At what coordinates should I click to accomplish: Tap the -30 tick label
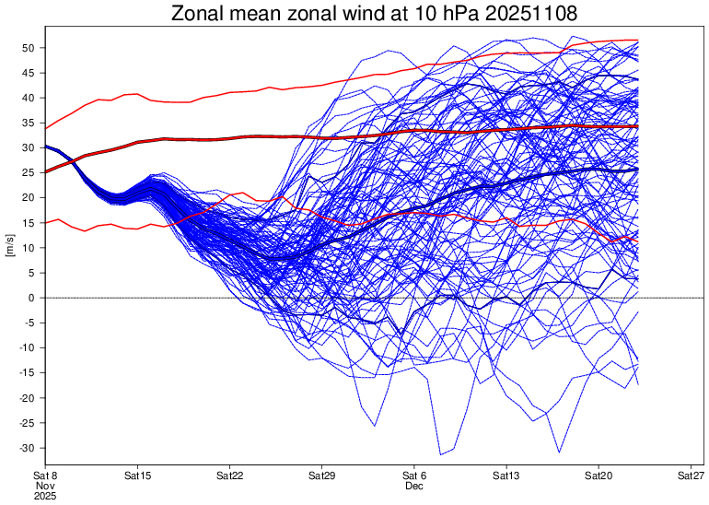point(27,448)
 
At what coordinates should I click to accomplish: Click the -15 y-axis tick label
point(27,372)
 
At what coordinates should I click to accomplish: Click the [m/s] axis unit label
point(10,247)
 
